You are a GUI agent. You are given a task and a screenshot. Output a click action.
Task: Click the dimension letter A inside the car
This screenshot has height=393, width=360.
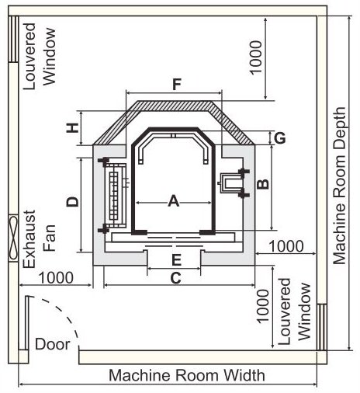[x=174, y=201]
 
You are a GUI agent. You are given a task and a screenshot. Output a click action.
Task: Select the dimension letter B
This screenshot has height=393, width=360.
[x=263, y=184]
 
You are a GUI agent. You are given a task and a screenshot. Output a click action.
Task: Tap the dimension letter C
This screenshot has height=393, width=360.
[x=176, y=278]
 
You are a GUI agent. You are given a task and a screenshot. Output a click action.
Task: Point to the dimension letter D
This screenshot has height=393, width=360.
[x=73, y=202]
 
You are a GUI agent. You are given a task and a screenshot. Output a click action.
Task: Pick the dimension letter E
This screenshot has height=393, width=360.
[x=176, y=260]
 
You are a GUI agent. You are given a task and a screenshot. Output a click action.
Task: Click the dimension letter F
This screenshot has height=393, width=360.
[x=177, y=85]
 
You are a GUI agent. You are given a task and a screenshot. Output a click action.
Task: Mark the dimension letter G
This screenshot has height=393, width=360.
[x=280, y=137]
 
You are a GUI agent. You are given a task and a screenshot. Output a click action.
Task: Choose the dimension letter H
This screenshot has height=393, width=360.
[x=73, y=127]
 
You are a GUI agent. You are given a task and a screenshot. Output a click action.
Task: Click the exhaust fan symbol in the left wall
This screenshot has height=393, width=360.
[x=13, y=238]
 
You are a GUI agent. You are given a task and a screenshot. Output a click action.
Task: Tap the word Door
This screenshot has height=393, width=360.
[x=53, y=344]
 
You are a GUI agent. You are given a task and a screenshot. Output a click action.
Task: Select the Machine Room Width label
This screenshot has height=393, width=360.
[x=187, y=375]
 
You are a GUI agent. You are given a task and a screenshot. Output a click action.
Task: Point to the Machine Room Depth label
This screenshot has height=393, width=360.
[x=339, y=186]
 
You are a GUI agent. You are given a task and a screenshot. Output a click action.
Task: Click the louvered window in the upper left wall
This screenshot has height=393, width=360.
[x=13, y=39]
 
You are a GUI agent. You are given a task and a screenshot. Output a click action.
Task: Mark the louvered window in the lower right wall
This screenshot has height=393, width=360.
[x=322, y=327]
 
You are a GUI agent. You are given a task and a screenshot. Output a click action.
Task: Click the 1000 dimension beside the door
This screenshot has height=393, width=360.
[x=56, y=278]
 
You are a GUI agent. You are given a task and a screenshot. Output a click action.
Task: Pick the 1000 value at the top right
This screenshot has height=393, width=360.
[x=256, y=57]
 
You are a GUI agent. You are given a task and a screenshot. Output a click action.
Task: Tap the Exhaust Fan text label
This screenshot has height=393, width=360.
[x=40, y=239]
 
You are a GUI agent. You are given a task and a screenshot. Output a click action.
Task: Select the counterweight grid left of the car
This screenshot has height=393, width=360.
[x=116, y=196]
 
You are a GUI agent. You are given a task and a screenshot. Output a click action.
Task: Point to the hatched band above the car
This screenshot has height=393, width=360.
[x=174, y=106]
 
